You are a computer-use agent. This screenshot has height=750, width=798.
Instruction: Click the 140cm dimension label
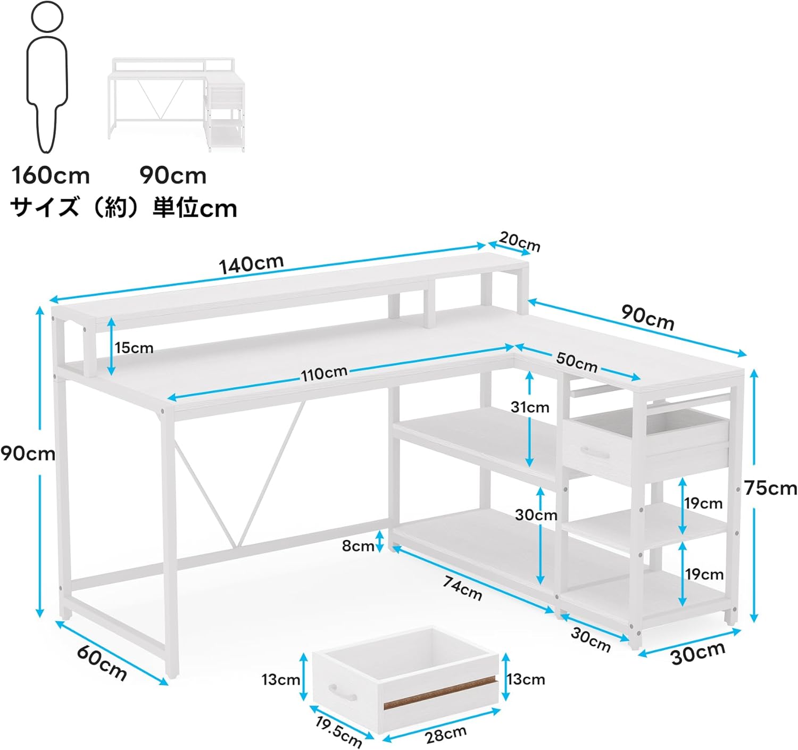pyautogui.click(x=251, y=264)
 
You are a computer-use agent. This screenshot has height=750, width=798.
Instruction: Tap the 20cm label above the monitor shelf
pyautogui.click(x=520, y=242)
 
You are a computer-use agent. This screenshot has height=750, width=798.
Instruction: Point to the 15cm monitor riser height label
pyautogui.click(x=134, y=348)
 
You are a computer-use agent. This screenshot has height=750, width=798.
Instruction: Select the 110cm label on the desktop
pyautogui.click(x=325, y=373)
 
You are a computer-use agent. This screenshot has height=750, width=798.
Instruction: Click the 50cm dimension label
pyautogui.click(x=577, y=362)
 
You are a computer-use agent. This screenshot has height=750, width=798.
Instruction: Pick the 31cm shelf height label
pyautogui.click(x=530, y=407)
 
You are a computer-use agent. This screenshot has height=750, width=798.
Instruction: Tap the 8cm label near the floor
pyautogui.click(x=358, y=546)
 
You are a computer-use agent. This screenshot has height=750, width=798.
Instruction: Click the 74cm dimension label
pyautogui.click(x=462, y=588)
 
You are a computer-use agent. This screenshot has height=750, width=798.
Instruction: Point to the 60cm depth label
pyautogui.click(x=102, y=662)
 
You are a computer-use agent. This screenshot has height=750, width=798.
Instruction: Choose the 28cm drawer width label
pyautogui.click(x=446, y=735)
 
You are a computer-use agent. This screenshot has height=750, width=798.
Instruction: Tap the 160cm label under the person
pyautogui.click(x=51, y=176)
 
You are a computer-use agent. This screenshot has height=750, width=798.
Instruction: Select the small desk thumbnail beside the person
pyautogui.click(x=177, y=104)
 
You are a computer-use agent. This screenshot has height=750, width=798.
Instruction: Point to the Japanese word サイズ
pyautogui.click(x=44, y=207)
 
